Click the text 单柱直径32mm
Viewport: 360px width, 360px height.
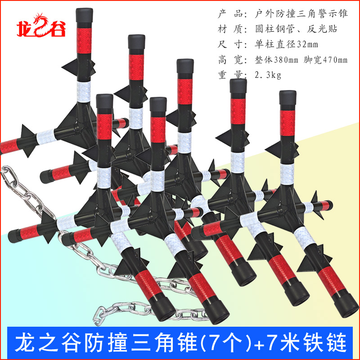279,45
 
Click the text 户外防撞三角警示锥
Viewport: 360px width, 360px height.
297,14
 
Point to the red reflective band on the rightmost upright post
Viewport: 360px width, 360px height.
288,126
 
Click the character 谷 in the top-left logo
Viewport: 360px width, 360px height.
57,29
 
